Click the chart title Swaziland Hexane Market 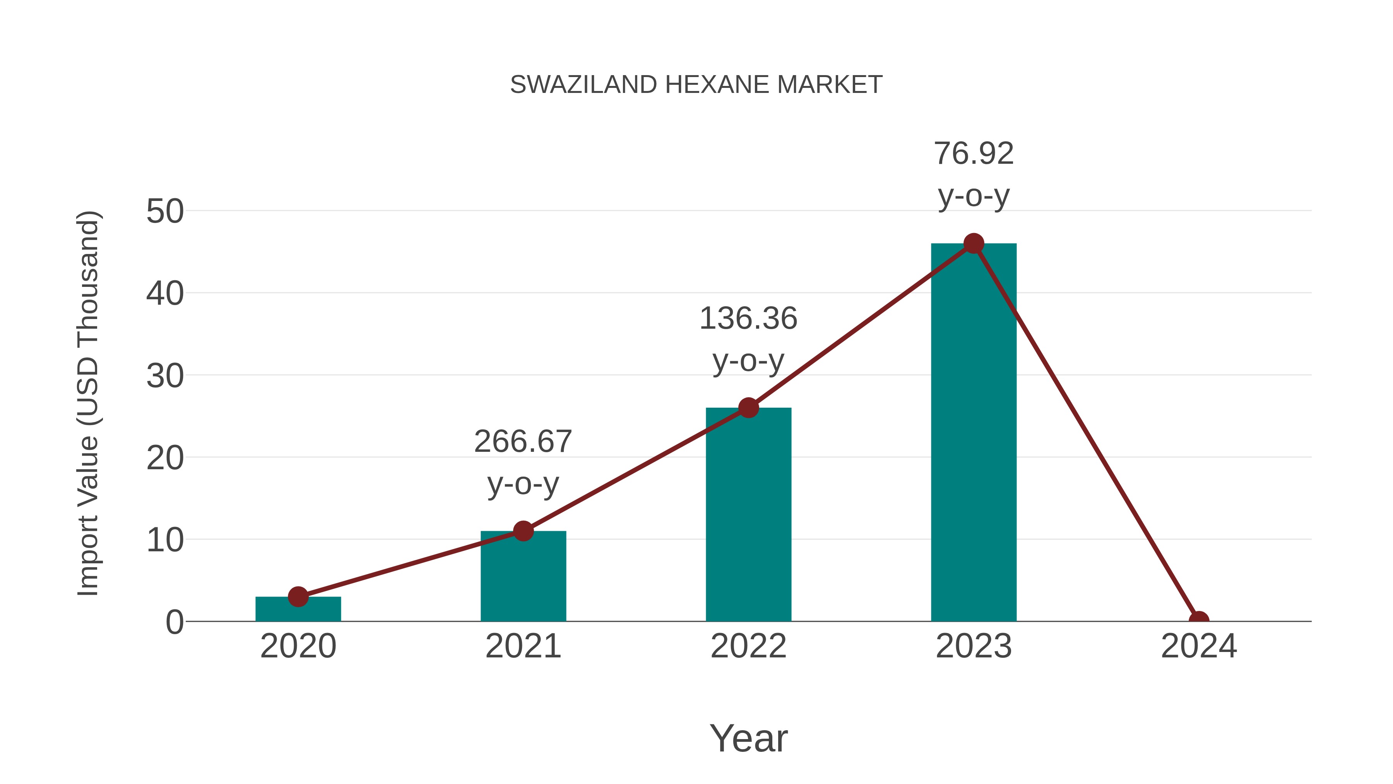pyautogui.click(x=696, y=85)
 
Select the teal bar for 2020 pyautogui.click(x=298, y=609)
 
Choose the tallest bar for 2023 pyautogui.click(x=974, y=432)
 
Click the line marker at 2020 pyautogui.click(x=298, y=597)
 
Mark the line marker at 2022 pyautogui.click(x=748, y=408)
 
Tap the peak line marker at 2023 pyautogui.click(x=974, y=244)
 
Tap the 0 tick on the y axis pyautogui.click(x=175, y=622)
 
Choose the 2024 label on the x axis pyautogui.click(x=1198, y=647)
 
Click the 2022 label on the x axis pyautogui.click(x=748, y=647)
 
